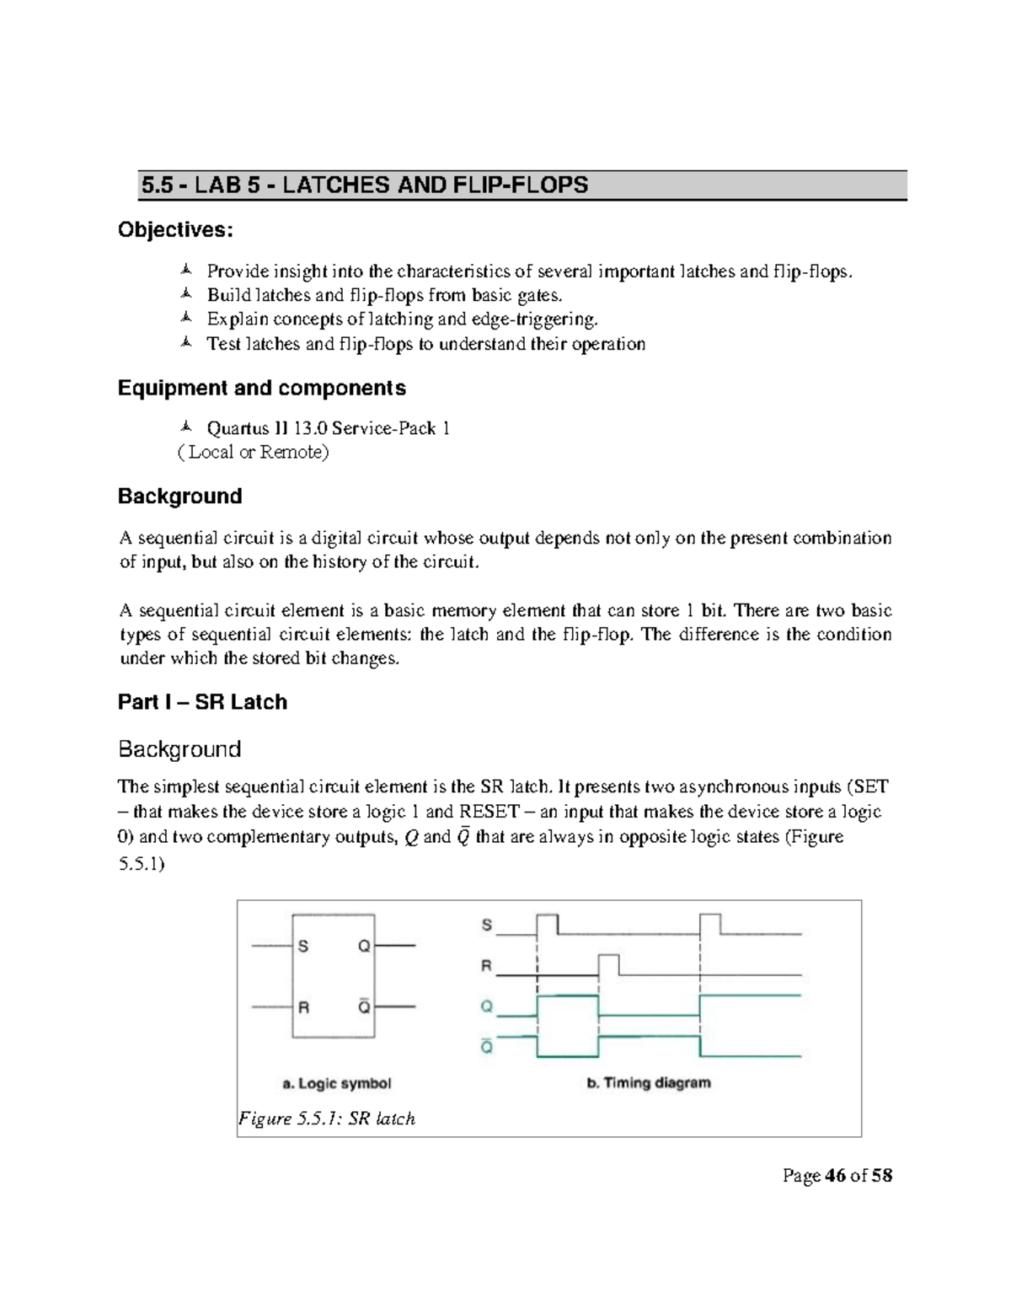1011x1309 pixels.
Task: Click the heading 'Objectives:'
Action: click(175, 229)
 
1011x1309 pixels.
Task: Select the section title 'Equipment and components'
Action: click(261, 388)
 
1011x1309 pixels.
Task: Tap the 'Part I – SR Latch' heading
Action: click(202, 702)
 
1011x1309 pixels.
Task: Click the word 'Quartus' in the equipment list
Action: click(238, 428)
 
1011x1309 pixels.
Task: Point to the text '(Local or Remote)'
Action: click(253, 452)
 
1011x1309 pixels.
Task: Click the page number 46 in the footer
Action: click(835, 1175)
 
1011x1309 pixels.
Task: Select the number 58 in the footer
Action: click(881, 1175)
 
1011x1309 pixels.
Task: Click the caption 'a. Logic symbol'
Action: click(337, 1083)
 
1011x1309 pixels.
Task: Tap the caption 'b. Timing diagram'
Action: click(648, 1082)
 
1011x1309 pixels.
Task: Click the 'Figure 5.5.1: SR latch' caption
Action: click(327, 1119)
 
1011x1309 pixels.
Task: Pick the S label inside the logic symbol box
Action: click(303, 947)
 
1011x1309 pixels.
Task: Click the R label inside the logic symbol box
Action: click(303, 1006)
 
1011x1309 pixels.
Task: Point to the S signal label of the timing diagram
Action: click(486, 925)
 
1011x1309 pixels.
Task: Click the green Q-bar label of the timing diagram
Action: click(486, 1047)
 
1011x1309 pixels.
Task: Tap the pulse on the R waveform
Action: click(608, 964)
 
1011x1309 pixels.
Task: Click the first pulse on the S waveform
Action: click(547, 924)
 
